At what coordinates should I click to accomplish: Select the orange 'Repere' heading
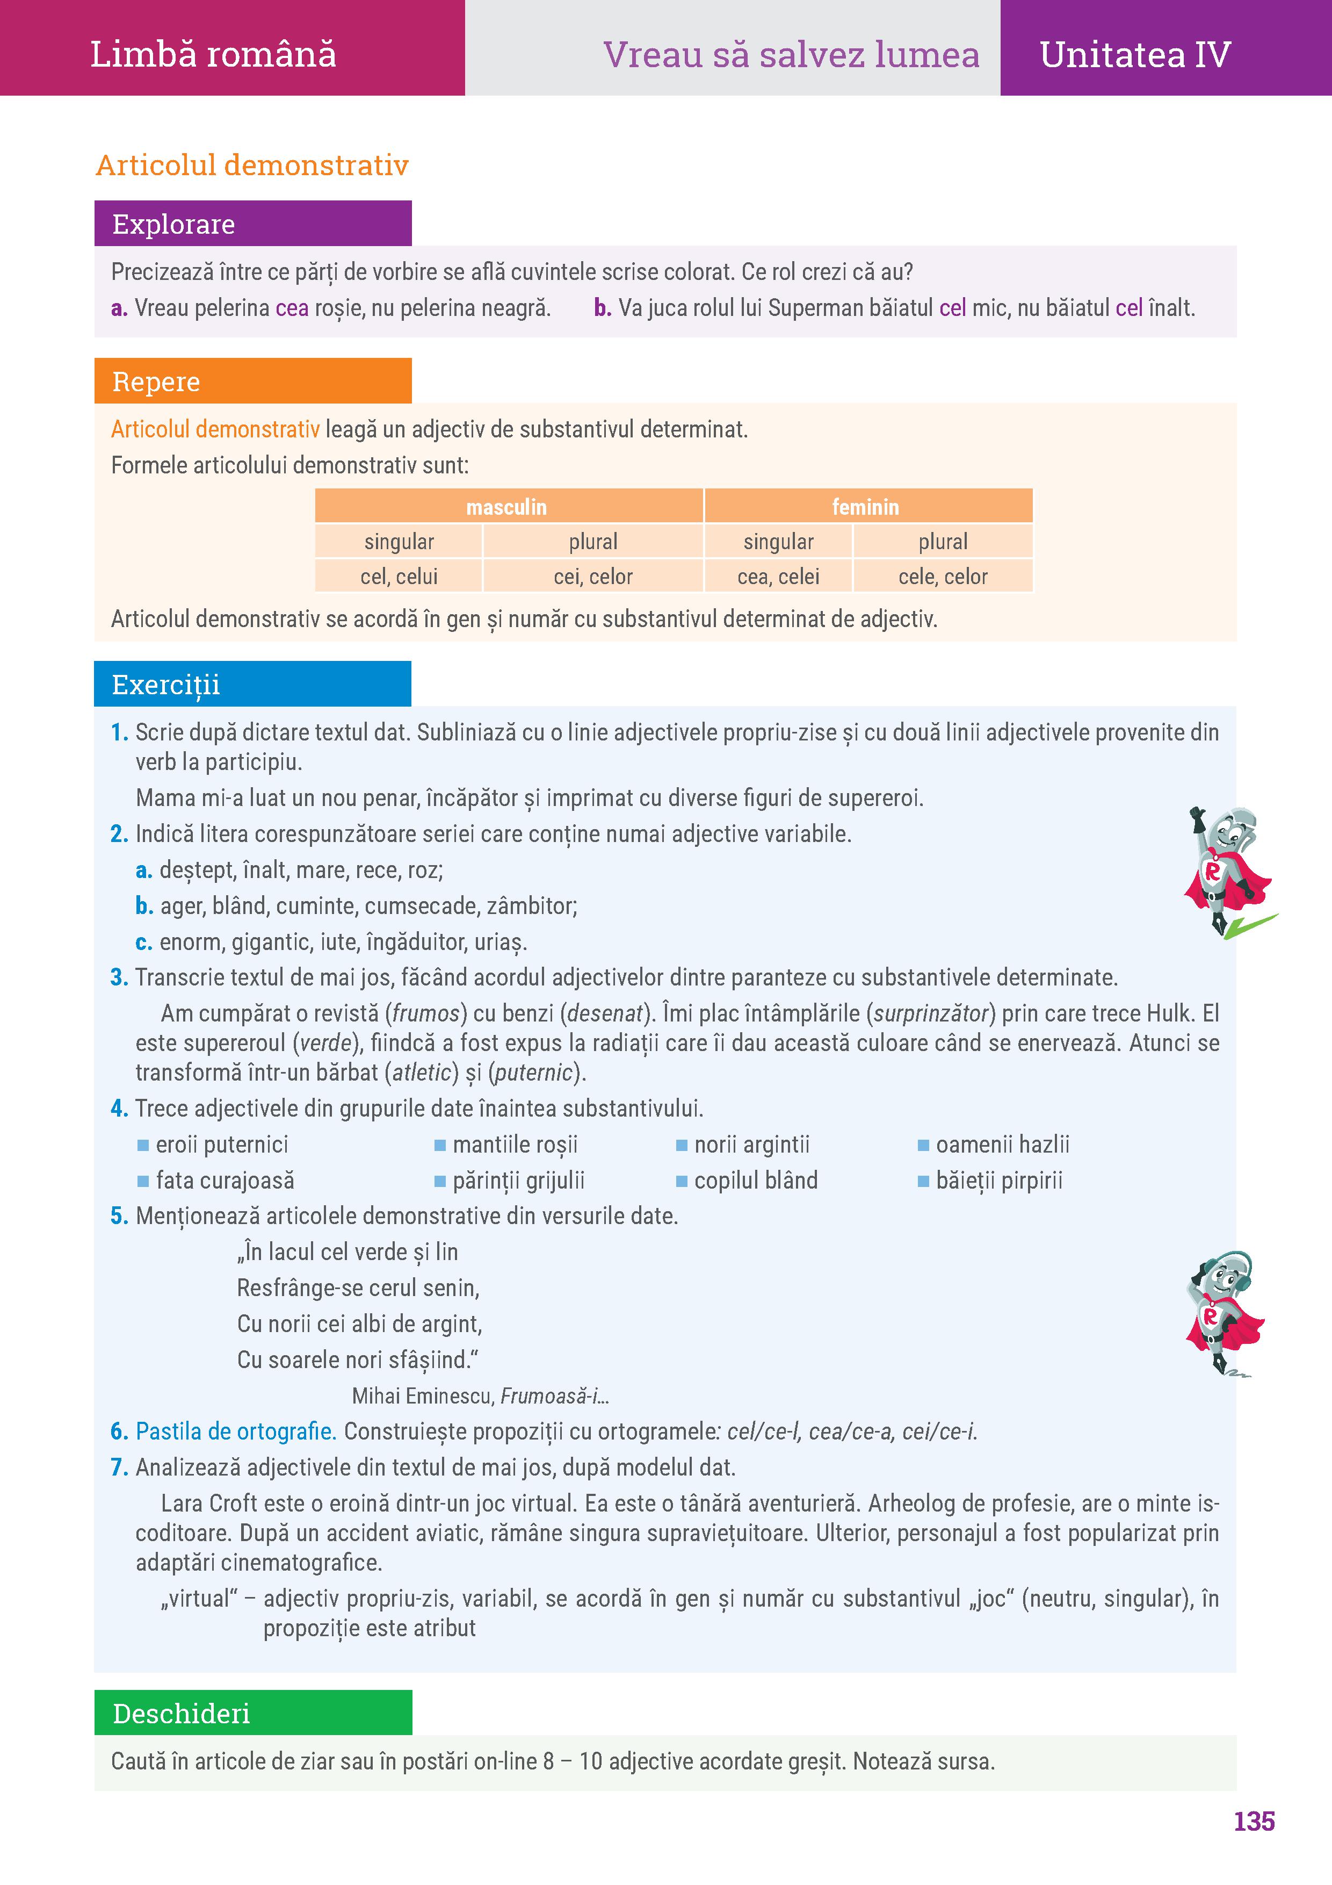pyautogui.click(x=156, y=382)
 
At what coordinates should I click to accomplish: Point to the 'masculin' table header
pyautogui.click(x=506, y=507)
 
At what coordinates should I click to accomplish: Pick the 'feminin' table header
pyautogui.click(x=865, y=507)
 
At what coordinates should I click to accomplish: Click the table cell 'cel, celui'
pyautogui.click(x=399, y=577)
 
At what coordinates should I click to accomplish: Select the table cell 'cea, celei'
pyautogui.click(x=778, y=577)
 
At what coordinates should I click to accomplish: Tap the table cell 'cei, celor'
pyautogui.click(x=592, y=577)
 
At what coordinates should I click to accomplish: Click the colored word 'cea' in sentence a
pyautogui.click(x=292, y=308)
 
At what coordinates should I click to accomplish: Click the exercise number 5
pyautogui.click(x=119, y=1216)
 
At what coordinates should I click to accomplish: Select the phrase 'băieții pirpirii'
pyautogui.click(x=999, y=1181)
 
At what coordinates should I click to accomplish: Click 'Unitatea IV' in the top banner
pyautogui.click(x=1134, y=55)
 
